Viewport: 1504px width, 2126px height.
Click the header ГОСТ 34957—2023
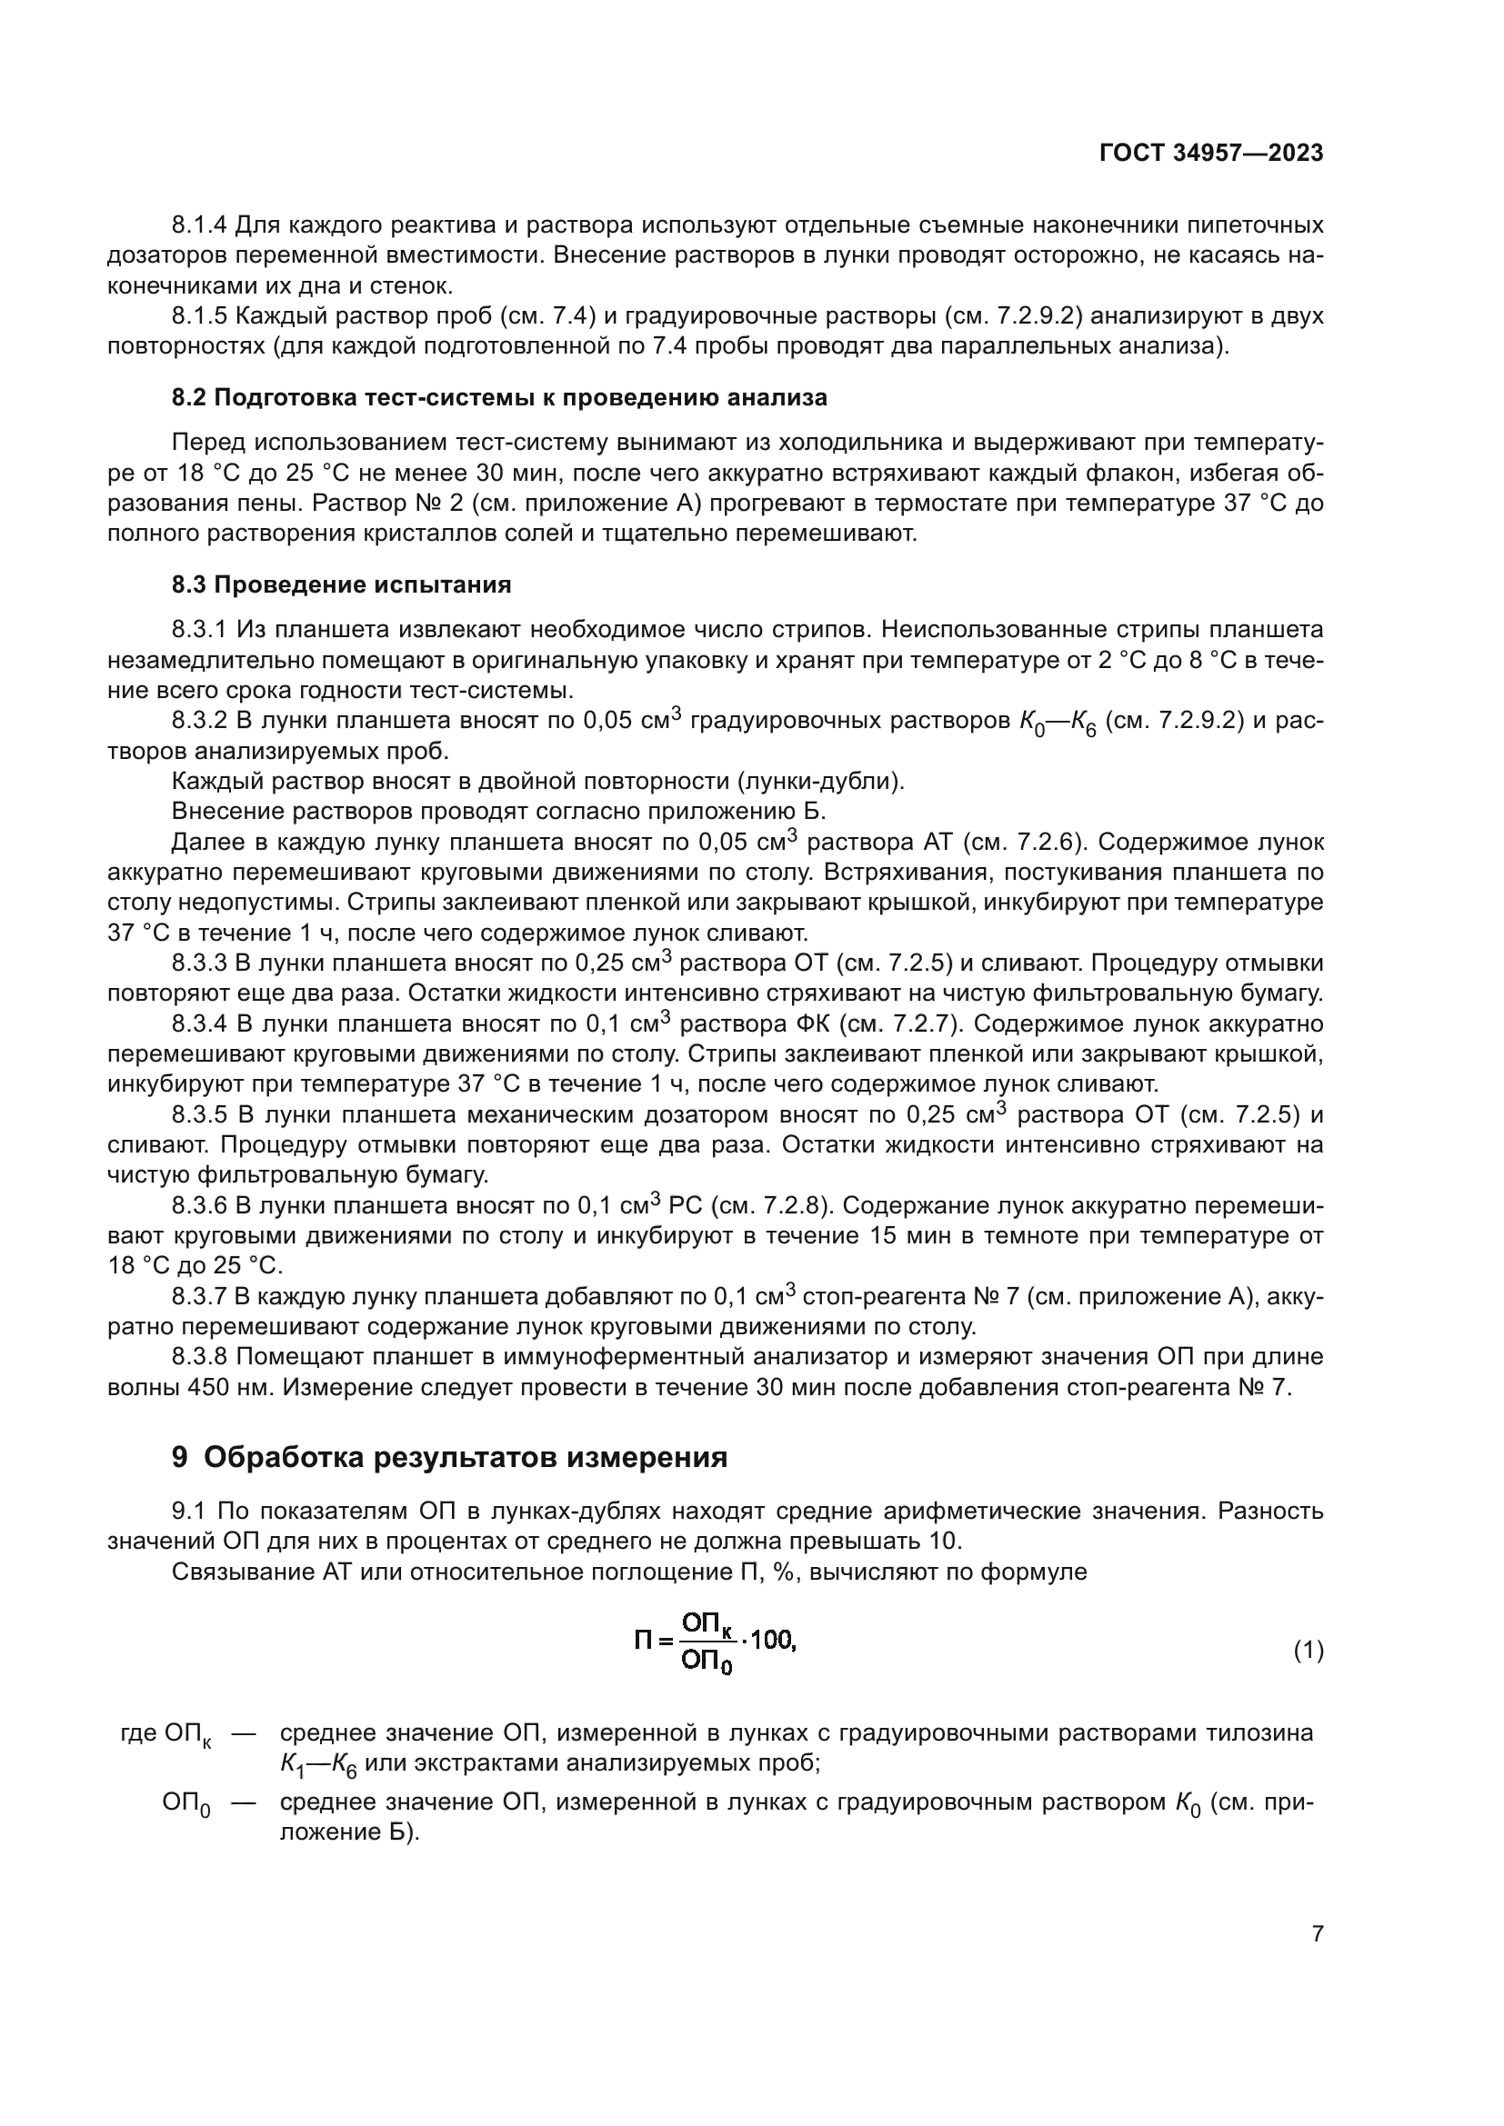(x=1210, y=153)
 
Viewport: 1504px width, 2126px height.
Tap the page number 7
(x=1317, y=1933)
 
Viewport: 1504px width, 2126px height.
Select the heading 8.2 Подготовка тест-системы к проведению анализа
(x=499, y=398)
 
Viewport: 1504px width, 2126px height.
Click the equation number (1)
(x=1308, y=1650)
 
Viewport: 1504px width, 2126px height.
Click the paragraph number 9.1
(x=190, y=1512)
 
